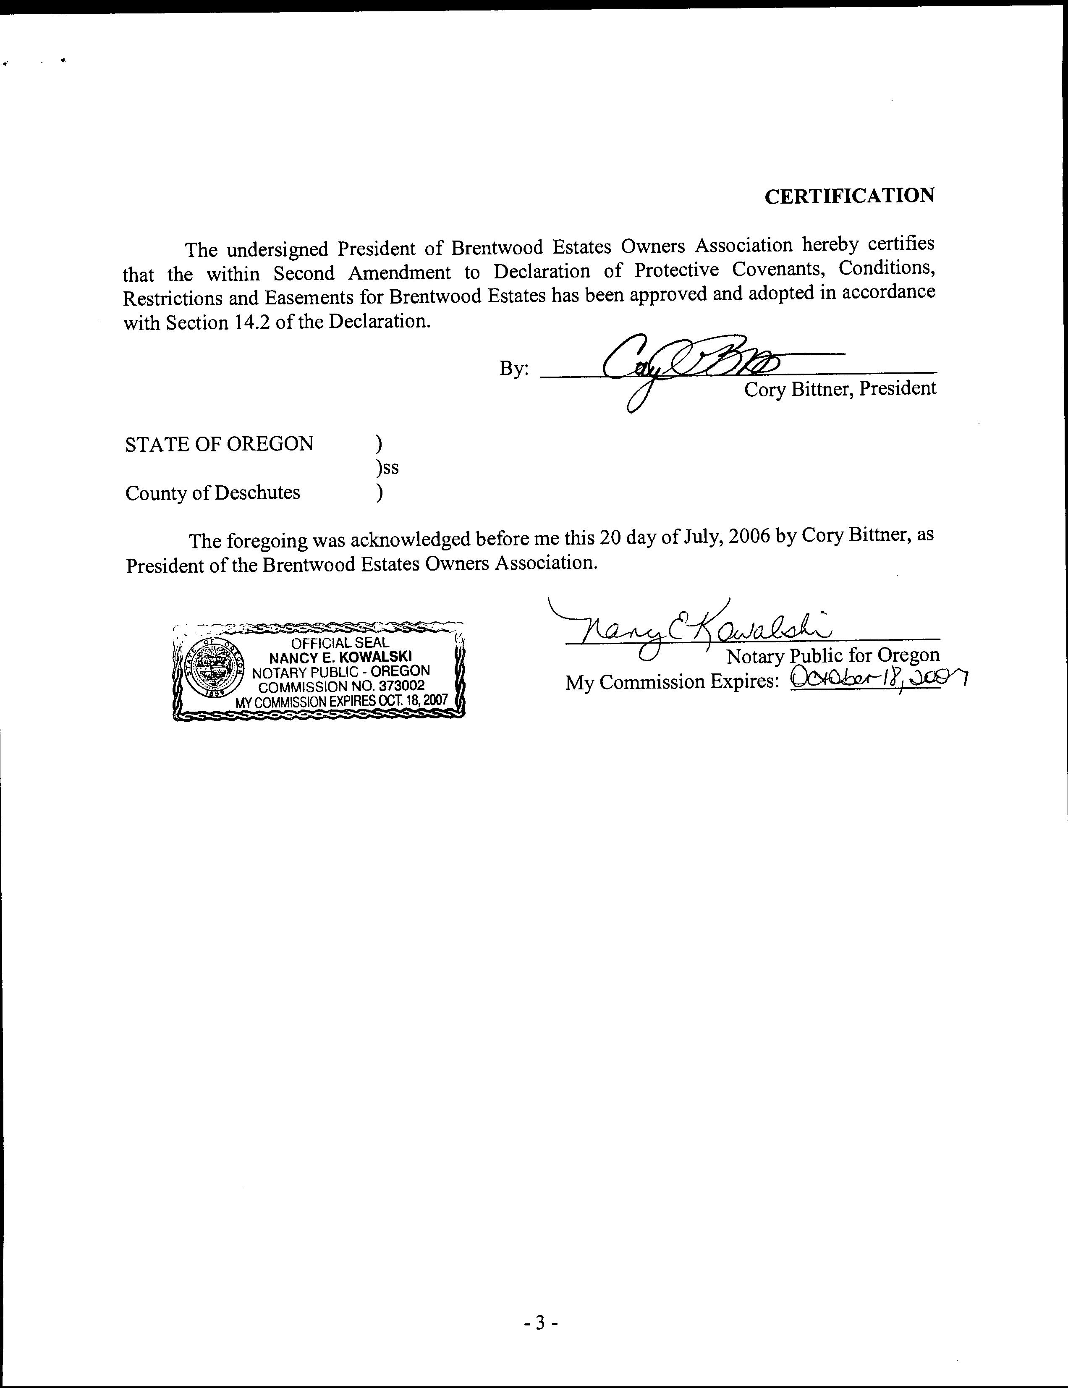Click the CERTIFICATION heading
(849, 196)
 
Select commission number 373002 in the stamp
(400, 686)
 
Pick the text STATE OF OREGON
(219, 444)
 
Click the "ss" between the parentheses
(391, 469)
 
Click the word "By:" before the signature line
(513, 368)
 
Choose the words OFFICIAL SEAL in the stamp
(340, 642)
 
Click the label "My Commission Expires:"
(672, 682)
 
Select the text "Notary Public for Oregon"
(832, 655)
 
